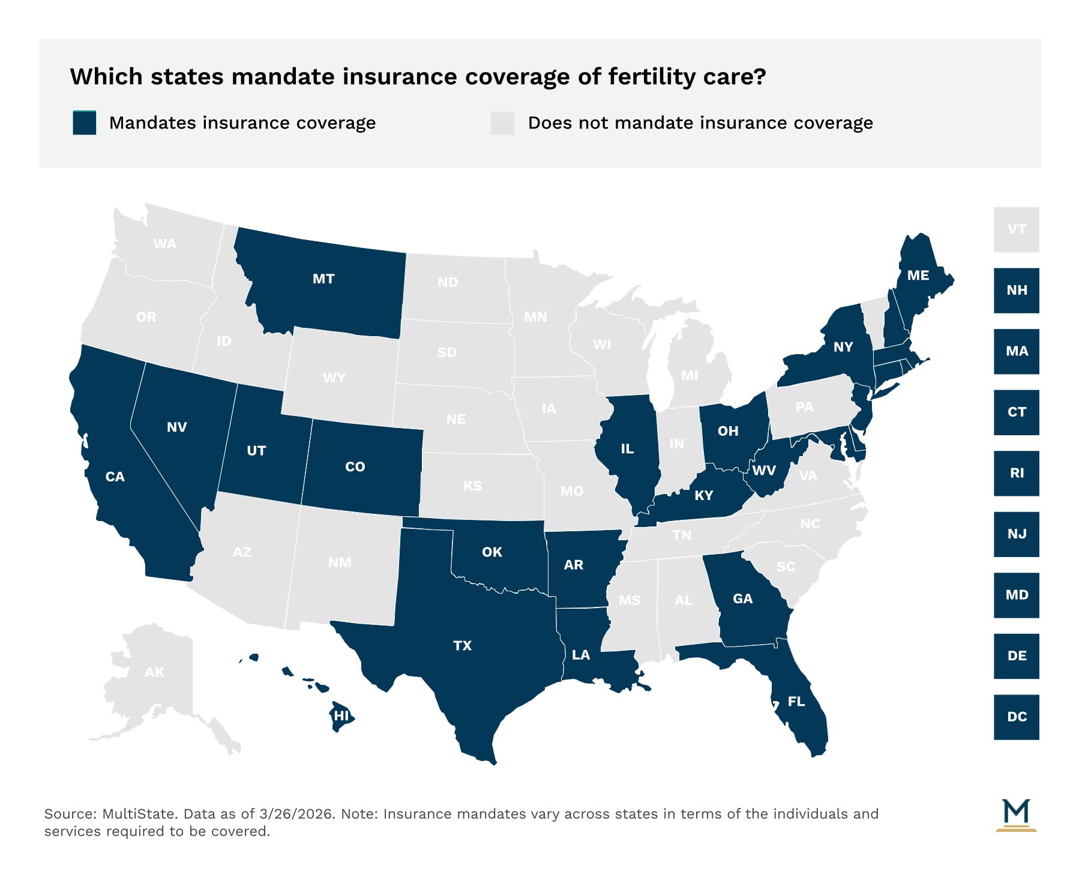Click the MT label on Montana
(323, 279)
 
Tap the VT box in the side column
(1016, 229)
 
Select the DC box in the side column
(1016, 717)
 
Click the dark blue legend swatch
(85, 123)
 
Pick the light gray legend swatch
(502, 123)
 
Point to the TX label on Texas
(462, 646)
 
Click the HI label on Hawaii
(341, 716)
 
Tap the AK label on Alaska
(154, 672)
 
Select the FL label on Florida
(796, 702)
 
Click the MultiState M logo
(1016, 815)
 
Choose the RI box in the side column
(1016, 473)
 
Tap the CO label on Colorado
(355, 467)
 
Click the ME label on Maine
(918, 276)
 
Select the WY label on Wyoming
(334, 378)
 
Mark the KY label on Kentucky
(703, 495)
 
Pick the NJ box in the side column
(1016, 534)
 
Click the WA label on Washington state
(164, 244)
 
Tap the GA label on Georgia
(742, 598)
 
